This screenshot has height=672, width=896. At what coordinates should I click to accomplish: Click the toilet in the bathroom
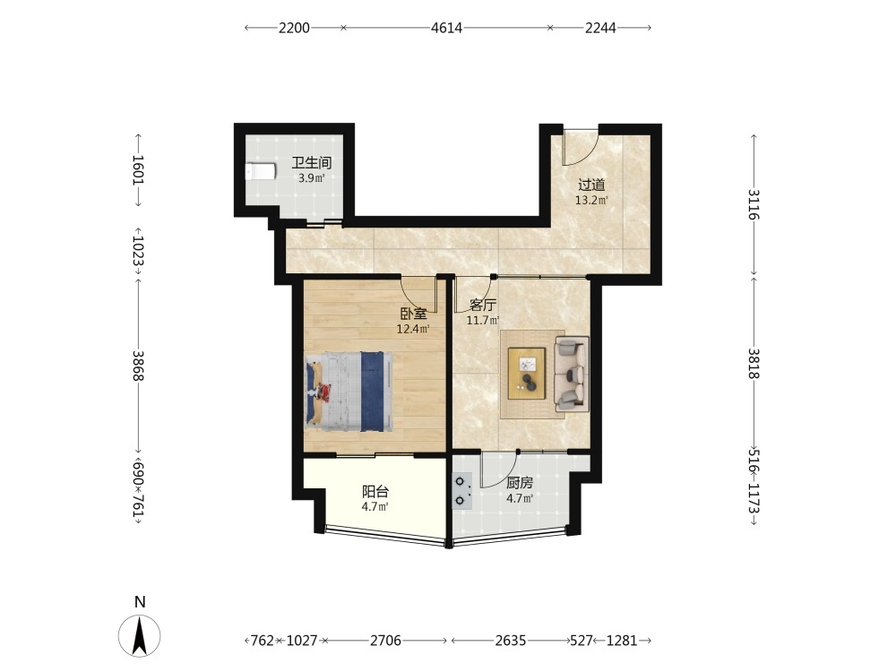[261, 171]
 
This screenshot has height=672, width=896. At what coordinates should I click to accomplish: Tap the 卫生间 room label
[312, 163]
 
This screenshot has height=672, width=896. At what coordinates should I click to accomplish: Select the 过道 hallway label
[591, 185]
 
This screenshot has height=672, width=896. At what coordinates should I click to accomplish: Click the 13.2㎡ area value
[591, 200]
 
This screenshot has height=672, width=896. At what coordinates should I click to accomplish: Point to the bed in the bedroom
[349, 391]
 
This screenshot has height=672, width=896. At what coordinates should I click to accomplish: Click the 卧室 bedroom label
[413, 314]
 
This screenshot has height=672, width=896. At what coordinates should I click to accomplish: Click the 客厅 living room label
[483, 306]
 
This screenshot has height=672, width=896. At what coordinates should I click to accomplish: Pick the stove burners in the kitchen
[461, 491]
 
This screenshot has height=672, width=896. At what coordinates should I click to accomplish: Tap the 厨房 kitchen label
[520, 484]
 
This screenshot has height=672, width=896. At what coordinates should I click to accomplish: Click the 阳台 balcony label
[376, 491]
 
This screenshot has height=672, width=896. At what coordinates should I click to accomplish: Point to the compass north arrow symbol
[140, 636]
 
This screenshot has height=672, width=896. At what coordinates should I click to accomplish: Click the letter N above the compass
[140, 602]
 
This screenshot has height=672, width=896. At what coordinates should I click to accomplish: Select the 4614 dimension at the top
[446, 28]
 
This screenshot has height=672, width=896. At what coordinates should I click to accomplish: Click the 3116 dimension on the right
[754, 204]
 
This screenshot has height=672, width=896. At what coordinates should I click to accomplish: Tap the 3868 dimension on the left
[138, 366]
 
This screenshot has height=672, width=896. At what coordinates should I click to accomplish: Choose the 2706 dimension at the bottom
[385, 641]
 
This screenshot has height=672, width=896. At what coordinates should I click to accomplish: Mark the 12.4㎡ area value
[413, 329]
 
